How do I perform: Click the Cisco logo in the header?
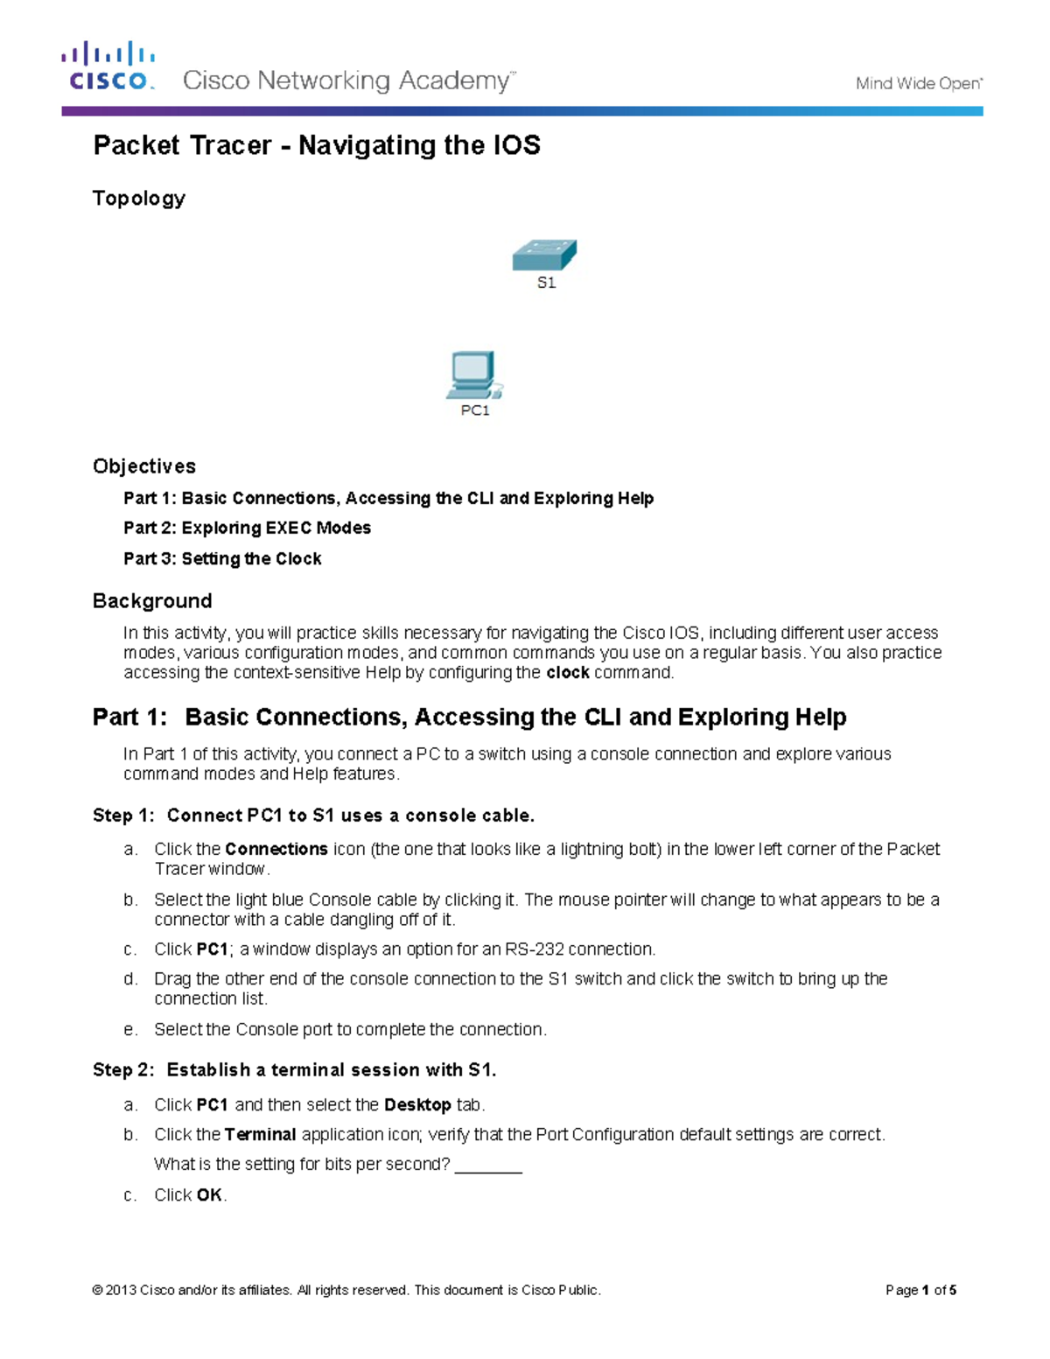(x=108, y=67)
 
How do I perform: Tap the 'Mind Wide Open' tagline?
(x=918, y=84)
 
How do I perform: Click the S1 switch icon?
(x=544, y=256)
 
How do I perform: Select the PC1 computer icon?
(x=473, y=375)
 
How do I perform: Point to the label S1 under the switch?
(x=546, y=283)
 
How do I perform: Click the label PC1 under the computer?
(x=475, y=410)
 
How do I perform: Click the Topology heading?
(x=139, y=199)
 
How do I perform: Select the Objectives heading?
(x=144, y=466)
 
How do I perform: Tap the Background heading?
(x=152, y=601)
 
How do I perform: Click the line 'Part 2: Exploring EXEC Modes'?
(x=247, y=529)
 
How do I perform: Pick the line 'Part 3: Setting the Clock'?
(x=222, y=559)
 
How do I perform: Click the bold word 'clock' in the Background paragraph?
(x=567, y=673)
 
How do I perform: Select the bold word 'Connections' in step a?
(x=276, y=850)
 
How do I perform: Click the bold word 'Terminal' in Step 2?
(x=260, y=1135)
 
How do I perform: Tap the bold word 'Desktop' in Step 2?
(x=417, y=1105)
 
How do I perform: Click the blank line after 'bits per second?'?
(x=488, y=1166)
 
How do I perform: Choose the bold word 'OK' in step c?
(x=209, y=1195)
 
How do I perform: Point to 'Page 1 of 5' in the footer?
(x=920, y=1290)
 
